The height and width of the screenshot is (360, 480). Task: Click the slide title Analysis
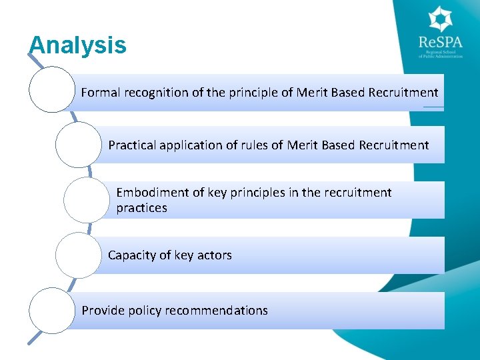tap(77, 45)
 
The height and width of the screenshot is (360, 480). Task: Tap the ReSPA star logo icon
tap(441, 19)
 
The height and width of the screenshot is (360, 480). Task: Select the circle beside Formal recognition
tap(52, 89)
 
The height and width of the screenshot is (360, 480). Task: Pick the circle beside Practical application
tap(78, 143)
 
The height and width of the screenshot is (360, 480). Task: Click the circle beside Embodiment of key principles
tap(87, 199)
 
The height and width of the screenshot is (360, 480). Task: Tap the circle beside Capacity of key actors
tap(78, 254)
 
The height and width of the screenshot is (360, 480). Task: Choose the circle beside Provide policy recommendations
tap(52, 310)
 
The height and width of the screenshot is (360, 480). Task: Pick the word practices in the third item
tap(141, 208)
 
